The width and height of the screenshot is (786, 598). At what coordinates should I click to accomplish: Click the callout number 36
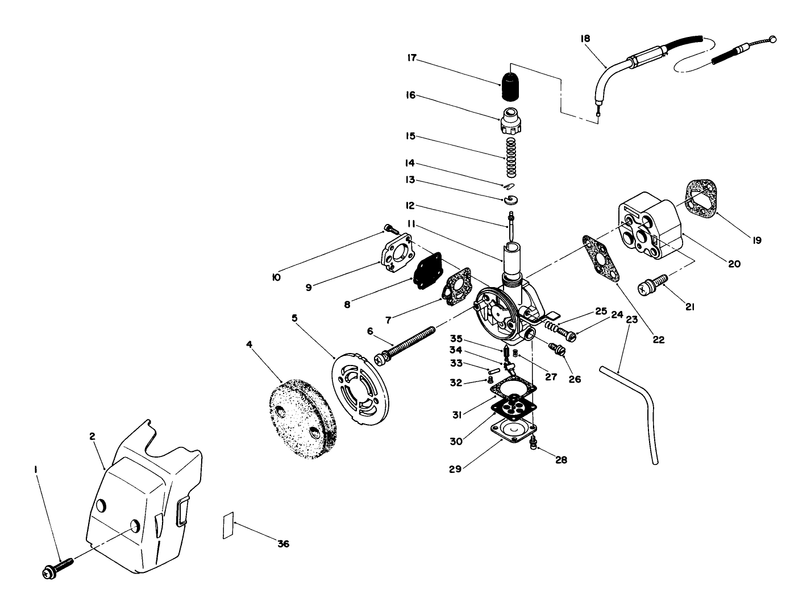tap(283, 544)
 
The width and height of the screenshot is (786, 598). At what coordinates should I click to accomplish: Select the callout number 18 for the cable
tap(585, 39)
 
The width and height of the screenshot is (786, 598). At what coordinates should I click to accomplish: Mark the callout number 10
tap(277, 278)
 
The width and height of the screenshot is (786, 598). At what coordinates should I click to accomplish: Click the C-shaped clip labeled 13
tap(511, 198)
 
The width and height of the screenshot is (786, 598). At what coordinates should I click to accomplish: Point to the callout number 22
tap(658, 340)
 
